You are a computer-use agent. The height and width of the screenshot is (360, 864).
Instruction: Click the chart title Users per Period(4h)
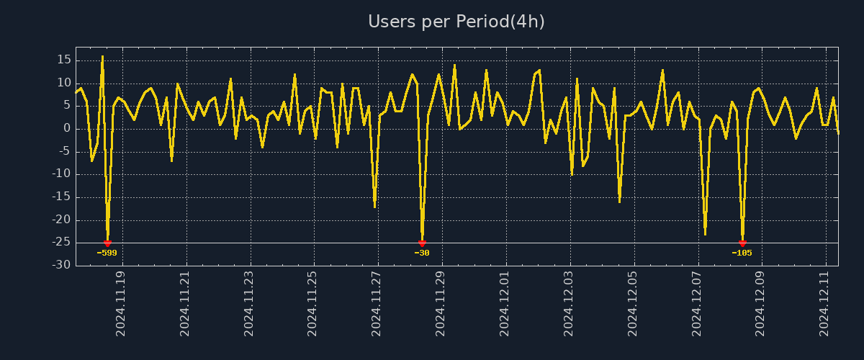pos(456,22)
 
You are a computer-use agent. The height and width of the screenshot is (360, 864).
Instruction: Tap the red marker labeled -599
pos(107,243)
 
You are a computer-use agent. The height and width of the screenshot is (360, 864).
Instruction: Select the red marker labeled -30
pos(422,243)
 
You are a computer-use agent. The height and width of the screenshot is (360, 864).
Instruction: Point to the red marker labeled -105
pos(742,243)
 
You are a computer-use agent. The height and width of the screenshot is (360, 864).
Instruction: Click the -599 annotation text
pos(107,253)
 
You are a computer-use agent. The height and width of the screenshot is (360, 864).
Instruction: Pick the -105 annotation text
pos(742,253)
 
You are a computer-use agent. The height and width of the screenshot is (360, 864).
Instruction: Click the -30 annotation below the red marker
pos(422,253)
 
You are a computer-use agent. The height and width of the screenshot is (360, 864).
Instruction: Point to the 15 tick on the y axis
pos(63,60)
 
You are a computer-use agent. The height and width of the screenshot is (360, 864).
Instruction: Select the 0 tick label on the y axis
pos(67,129)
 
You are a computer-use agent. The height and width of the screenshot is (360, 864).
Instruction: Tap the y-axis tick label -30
pos(60,265)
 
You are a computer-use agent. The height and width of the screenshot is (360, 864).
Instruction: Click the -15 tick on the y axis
pos(60,197)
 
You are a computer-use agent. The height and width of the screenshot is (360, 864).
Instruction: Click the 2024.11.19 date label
pos(121,303)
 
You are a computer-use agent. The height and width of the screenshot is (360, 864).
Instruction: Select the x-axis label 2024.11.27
pos(377,303)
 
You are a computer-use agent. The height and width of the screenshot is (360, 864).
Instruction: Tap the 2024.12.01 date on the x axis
pos(505,303)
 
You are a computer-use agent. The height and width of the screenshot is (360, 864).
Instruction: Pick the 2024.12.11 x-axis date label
pos(824,303)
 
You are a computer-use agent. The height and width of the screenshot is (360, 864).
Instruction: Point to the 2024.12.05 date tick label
pos(633,303)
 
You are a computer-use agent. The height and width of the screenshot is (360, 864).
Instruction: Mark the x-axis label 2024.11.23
pos(249,303)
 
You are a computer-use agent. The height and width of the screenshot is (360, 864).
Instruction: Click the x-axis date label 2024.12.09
pos(760,303)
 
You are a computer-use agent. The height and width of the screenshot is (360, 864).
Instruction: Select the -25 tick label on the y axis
pos(60,243)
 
